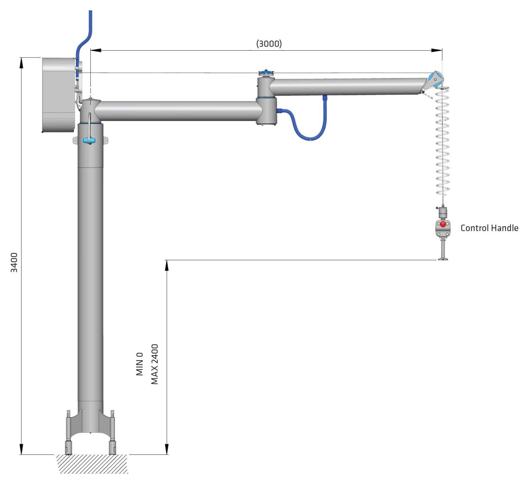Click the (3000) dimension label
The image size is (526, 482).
point(269,43)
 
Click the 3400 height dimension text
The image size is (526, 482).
point(14,262)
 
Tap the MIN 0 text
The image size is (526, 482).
point(140,364)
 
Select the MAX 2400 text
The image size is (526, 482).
point(155,364)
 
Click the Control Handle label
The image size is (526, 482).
point(489,228)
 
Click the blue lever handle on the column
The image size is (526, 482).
point(89,140)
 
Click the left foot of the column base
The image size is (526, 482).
point(68,447)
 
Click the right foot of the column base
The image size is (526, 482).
point(112,447)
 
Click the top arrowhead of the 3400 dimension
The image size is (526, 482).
point(21,63)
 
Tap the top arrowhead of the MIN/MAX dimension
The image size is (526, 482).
point(167,265)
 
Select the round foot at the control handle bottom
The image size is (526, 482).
point(443,258)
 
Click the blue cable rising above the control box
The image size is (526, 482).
point(86,34)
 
